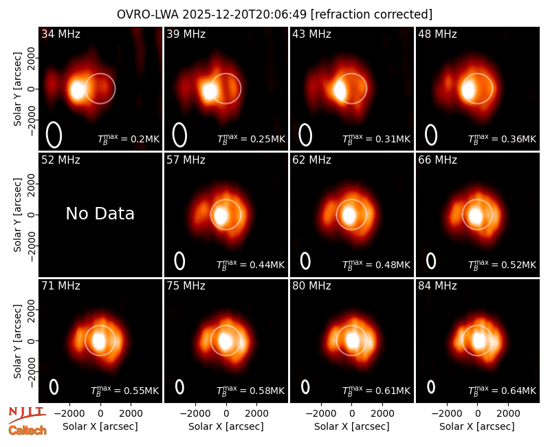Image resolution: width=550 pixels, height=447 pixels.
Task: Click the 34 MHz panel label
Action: click(60, 34)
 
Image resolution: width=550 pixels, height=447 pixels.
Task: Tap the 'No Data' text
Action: click(100, 213)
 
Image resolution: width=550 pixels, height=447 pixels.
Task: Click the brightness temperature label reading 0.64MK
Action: click(502, 391)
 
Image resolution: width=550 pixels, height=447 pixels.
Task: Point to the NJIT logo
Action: click(27, 415)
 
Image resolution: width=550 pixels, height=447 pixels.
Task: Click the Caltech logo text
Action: click(27, 430)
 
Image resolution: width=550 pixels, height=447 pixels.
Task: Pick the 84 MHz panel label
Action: click(437, 286)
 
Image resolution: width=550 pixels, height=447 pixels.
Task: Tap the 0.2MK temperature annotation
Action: click(129, 139)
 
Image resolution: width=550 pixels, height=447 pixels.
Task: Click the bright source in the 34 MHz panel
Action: click(76, 90)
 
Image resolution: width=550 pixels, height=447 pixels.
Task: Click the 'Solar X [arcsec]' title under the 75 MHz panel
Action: click(226, 426)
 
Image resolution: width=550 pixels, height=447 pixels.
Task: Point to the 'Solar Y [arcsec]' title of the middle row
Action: click(17, 215)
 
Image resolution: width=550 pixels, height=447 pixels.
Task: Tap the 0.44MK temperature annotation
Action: click(250, 265)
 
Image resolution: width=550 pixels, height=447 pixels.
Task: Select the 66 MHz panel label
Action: click(437, 160)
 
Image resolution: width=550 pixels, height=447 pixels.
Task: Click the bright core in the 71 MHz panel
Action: click(98, 340)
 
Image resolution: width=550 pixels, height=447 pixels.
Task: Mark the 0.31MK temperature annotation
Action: click(376, 139)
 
